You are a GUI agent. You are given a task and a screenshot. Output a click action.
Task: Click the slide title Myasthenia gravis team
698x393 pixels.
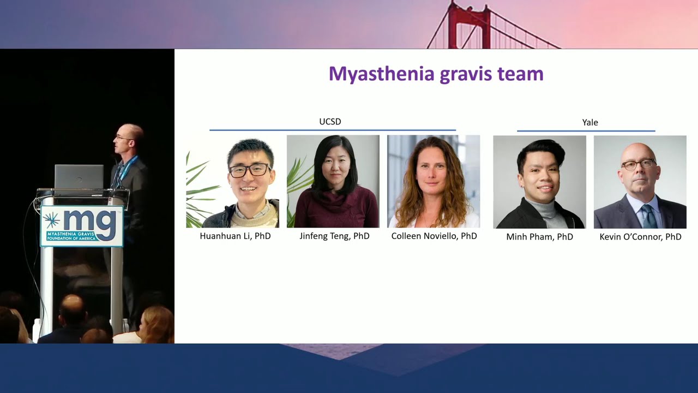pyautogui.click(x=436, y=74)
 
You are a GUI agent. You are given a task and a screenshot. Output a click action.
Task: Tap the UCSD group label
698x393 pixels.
pyautogui.click(x=330, y=122)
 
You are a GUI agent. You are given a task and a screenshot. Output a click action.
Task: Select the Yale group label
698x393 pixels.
pyautogui.click(x=590, y=122)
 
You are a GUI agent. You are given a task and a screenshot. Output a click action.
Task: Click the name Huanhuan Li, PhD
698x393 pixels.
pyautogui.click(x=235, y=236)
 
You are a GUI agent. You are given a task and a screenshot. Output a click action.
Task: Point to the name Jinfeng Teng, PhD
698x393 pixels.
pyautogui.click(x=334, y=236)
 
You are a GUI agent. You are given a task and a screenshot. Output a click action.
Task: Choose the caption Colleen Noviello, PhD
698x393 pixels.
pyautogui.click(x=434, y=236)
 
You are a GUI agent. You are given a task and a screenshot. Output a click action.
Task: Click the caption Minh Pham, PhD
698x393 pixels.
pyautogui.click(x=539, y=237)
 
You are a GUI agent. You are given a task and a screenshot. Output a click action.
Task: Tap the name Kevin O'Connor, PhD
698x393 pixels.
pyautogui.click(x=640, y=237)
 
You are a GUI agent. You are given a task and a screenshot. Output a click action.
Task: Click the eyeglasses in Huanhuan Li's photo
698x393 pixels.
pyautogui.click(x=249, y=170)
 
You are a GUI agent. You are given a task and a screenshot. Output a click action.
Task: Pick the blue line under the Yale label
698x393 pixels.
pyautogui.click(x=586, y=131)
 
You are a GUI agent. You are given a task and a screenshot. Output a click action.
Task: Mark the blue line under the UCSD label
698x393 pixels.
pyautogui.click(x=332, y=130)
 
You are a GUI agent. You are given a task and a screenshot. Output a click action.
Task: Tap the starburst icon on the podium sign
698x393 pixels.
pyautogui.click(x=52, y=221)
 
